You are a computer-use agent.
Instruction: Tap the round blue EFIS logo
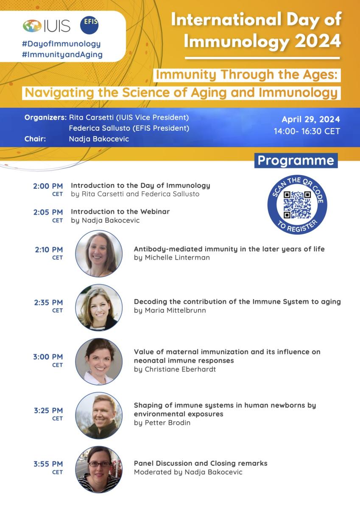89,25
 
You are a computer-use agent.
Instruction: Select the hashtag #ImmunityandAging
62,55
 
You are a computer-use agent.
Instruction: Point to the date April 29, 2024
311,119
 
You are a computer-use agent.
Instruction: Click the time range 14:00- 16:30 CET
307,131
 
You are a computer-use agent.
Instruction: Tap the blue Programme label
296,161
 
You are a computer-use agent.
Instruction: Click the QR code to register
297,205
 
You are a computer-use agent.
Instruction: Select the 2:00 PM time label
48,186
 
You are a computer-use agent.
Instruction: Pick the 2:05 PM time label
48,212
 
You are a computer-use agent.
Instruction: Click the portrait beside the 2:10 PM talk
99,254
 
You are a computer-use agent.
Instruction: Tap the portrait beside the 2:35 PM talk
99,308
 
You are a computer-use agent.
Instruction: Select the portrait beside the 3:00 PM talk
99,361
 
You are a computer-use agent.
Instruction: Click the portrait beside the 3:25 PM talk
99,415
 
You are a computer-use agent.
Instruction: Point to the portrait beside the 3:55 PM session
99,470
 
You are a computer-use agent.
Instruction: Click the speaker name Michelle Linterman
177,257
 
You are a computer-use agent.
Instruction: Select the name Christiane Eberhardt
180,369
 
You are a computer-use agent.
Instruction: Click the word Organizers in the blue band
45,117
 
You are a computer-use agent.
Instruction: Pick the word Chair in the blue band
35,139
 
